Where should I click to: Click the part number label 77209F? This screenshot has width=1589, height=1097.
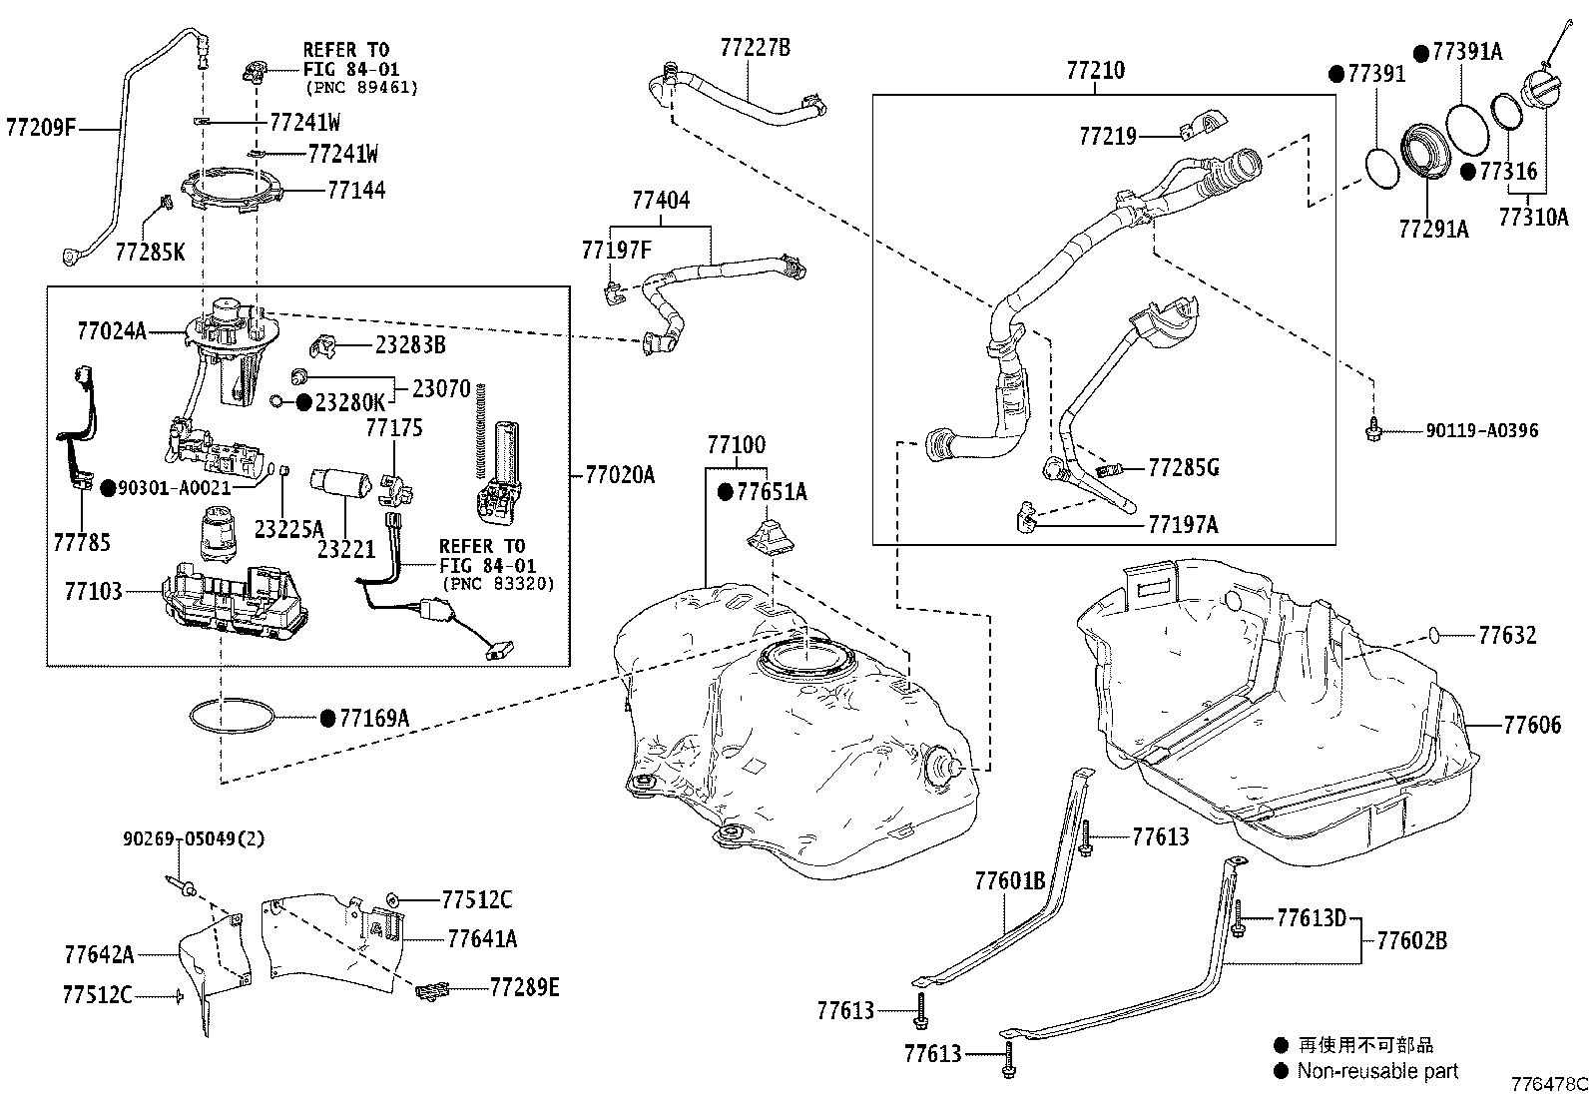(x=41, y=128)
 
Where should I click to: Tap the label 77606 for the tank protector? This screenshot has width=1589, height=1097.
(x=1533, y=725)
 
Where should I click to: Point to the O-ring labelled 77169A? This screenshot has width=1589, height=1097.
(x=232, y=717)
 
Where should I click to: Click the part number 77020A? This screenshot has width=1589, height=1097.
(x=620, y=474)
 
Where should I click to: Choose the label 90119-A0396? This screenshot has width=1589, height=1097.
(x=1482, y=430)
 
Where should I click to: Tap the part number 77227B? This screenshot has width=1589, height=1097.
(x=755, y=48)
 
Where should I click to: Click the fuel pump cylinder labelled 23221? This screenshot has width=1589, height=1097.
(x=341, y=483)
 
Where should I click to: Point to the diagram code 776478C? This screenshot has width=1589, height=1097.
(x=1549, y=1084)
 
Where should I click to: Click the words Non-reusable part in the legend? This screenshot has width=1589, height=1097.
(x=1377, y=1070)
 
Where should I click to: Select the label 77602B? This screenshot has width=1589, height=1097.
(x=1411, y=940)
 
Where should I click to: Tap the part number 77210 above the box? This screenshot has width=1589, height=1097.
(x=1096, y=70)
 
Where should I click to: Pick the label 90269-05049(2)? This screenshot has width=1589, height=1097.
(x=194, y=838)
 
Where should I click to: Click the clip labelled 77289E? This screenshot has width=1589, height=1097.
(x=433, y=990)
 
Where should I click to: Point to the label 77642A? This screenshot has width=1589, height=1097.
(x=100, y=954)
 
